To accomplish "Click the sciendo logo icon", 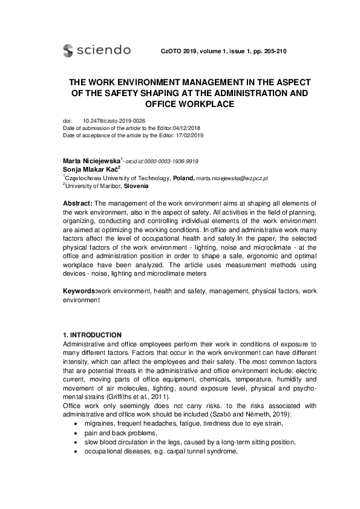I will [x=68, y=51].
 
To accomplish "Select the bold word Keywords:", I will [x=80, y=291].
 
